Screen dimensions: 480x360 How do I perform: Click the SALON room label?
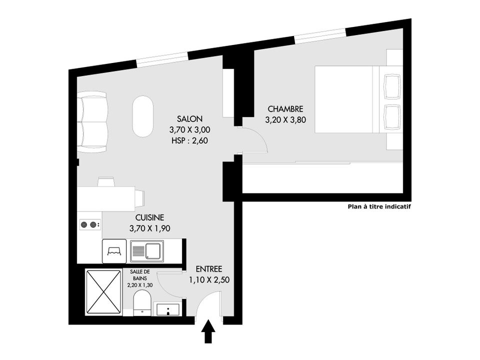(x=189, y=119)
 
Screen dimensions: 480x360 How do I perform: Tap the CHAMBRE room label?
(x=285, y=109)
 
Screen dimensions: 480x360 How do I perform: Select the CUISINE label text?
(x=149, y=217)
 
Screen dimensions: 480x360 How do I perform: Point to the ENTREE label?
(x=209, y=269)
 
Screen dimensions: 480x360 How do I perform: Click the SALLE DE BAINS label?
(x=140, y=275)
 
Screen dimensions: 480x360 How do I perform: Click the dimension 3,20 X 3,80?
(x=285, y=120)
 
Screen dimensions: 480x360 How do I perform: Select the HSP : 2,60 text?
(x=189, y=141)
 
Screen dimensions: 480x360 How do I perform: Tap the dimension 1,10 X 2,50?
(x=209, y=280)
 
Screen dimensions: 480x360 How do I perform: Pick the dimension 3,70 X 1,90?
(x=149, y=228)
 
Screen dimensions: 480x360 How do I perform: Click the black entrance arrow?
(x=208, y=331)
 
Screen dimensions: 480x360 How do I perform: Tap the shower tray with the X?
(x=103, y=292)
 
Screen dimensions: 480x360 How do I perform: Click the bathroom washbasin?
(x=168, y=309)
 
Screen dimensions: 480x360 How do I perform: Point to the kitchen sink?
(x=147, y=251)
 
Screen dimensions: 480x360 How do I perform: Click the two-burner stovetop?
(x=89, y=225)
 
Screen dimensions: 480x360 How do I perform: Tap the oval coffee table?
(x=142, y=116)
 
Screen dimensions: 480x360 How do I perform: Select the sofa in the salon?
(x=92, y=122)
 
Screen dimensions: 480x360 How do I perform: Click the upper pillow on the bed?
(x=392, y=86)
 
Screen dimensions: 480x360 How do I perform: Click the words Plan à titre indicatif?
(x=379, y=206)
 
